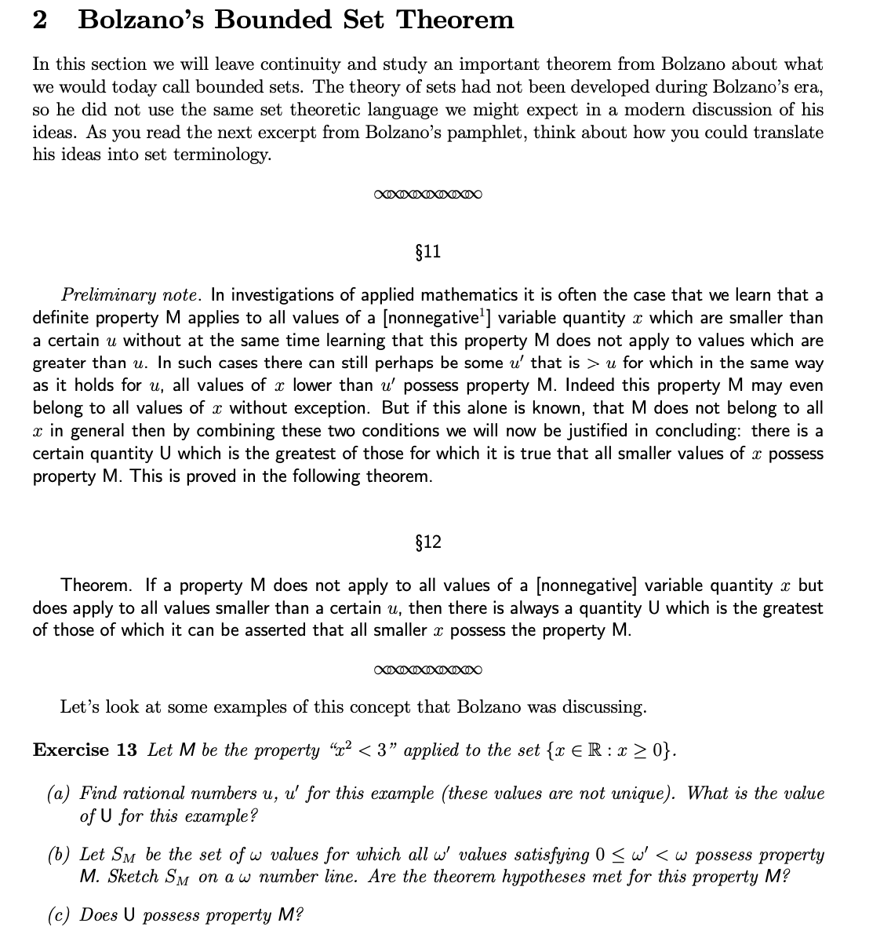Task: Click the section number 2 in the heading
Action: [x=40, y=20]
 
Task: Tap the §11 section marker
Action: [x=427, y=252]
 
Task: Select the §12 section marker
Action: [x=427, y=542]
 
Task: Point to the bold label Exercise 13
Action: [x=85, y=750]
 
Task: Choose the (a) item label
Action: [x=59, y=794]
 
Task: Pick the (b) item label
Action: [x=59, y=855]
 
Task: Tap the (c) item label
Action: [x=59, y=915]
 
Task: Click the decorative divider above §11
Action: [x=427, y=194]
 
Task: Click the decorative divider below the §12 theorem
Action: [x=427, y=670]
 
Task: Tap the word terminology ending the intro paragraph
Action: [x=222, y=155]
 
